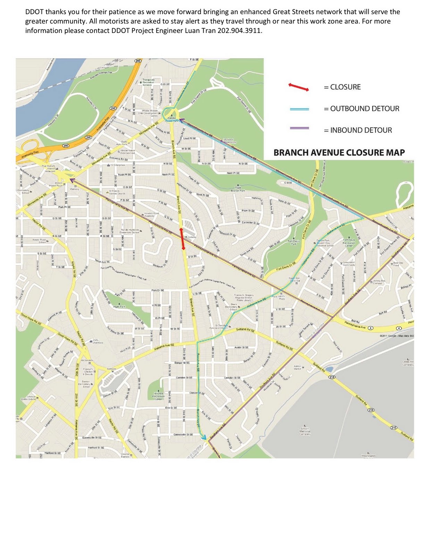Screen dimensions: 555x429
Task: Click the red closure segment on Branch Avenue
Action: pyautogui.click(x=182, y=239)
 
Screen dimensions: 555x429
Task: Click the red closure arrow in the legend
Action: pyautogui.click(x=298, y=87)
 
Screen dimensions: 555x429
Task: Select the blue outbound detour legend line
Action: pyautogui.click(x=299, y=109)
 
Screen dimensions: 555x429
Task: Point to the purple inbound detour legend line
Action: pyautogui.click(x=299, y=128)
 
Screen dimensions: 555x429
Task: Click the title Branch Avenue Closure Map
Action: pyautogui.click(x=339, y=153)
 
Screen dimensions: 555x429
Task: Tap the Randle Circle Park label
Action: pyautogui.click(x=171, y=119)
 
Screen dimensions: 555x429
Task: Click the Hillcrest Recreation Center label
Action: pyautogui.click(x=158, y=396)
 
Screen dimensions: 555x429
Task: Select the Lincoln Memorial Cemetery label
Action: pyautogui.click(x=305, y=431)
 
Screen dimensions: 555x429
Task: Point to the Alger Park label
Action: pyautogui.click(x=119, y=307)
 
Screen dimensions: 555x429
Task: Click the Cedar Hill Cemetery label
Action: pyautogui.click(x=408, y=363)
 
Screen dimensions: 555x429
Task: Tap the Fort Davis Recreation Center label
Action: pyautogui.click(x=349, y=242)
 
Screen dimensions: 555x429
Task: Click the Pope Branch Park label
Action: pyautogui.click(x=238, y=189)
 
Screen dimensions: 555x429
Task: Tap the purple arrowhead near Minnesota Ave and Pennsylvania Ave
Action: pyautogui.click(x=72, y=180)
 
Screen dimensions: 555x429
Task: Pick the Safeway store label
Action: pyautogui.click(x=111, y=369)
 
